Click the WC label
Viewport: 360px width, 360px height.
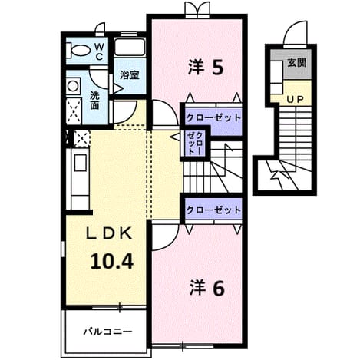click(x=99, y=51)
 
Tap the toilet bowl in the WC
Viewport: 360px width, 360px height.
click(x=78, y=50)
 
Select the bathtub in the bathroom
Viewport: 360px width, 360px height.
click(x=130, y=47)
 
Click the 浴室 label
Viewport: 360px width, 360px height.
click(x=130, y=75)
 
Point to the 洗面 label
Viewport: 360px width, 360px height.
click(x=94, y=100)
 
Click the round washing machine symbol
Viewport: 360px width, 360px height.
click(x=74, y=86)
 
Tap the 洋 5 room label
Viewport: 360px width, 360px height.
click(x=206, y=67)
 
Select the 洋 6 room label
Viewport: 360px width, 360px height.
click(x=206, y=288)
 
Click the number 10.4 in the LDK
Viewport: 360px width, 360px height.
click(x=112, y=261)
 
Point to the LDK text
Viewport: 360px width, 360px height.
click(x=109, y=233)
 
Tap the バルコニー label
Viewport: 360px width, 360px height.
click(x=108, y=332)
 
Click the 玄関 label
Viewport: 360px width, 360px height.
click(x=297, y=62)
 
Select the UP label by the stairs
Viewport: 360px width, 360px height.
click(x=295, y=99)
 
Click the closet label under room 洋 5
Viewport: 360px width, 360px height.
click(x=213, y=118)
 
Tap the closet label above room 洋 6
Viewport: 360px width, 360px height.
click(x=213, y=210)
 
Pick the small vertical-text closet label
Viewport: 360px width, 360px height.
click(x=195, y=144)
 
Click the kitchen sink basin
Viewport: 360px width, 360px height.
click(x=81, y=163)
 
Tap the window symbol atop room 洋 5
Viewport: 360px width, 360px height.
click(x=197, y=10)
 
